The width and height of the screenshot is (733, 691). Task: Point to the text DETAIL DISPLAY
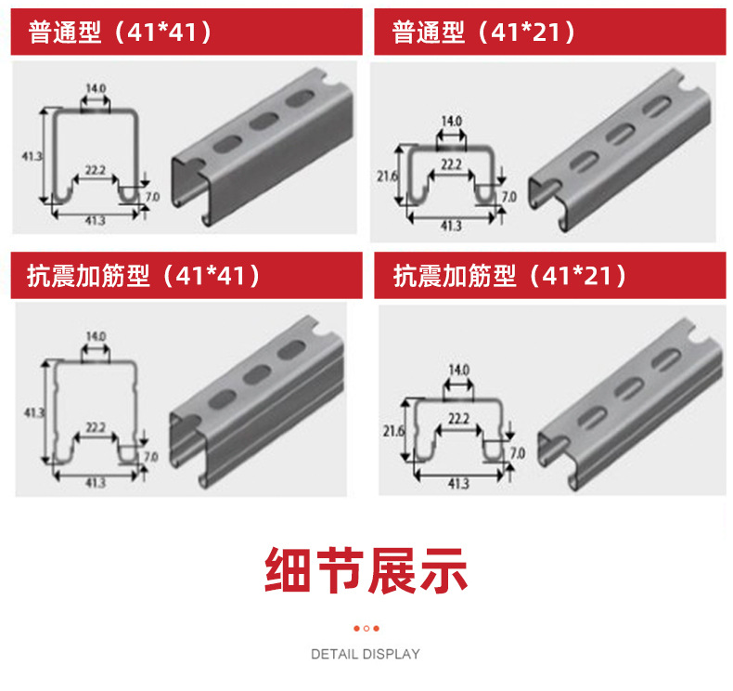[x=366, y=654]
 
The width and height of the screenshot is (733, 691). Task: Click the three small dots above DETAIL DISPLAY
[x=366, y=628]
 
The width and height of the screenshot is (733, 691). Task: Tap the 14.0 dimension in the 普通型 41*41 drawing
[x=96, y=89]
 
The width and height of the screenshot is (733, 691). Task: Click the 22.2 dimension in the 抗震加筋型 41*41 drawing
[x=95, y=428]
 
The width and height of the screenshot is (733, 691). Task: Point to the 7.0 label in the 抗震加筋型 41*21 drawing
[x=518, y=453]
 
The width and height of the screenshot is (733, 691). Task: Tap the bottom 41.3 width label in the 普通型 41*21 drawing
[x=451, y=226]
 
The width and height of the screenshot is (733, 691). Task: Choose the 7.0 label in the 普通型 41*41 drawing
[x=151, y=198]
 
